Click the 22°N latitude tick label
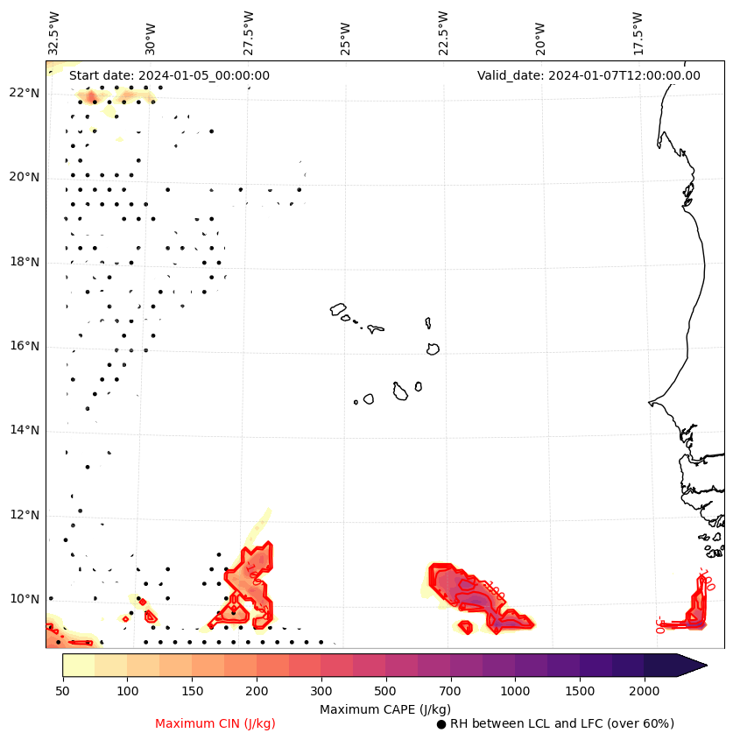(x=25, y=93)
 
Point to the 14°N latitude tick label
(x=25, y=430)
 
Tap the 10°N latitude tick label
(x=25, y=599)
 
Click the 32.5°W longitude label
(x=54, y=32)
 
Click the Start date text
(x=169, y=75)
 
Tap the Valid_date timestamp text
(x=589, y=75)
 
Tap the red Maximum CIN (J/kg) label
(x=215, y=723)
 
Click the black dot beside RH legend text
(x=441, y=724)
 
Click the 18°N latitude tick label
(x=25, y=262)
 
